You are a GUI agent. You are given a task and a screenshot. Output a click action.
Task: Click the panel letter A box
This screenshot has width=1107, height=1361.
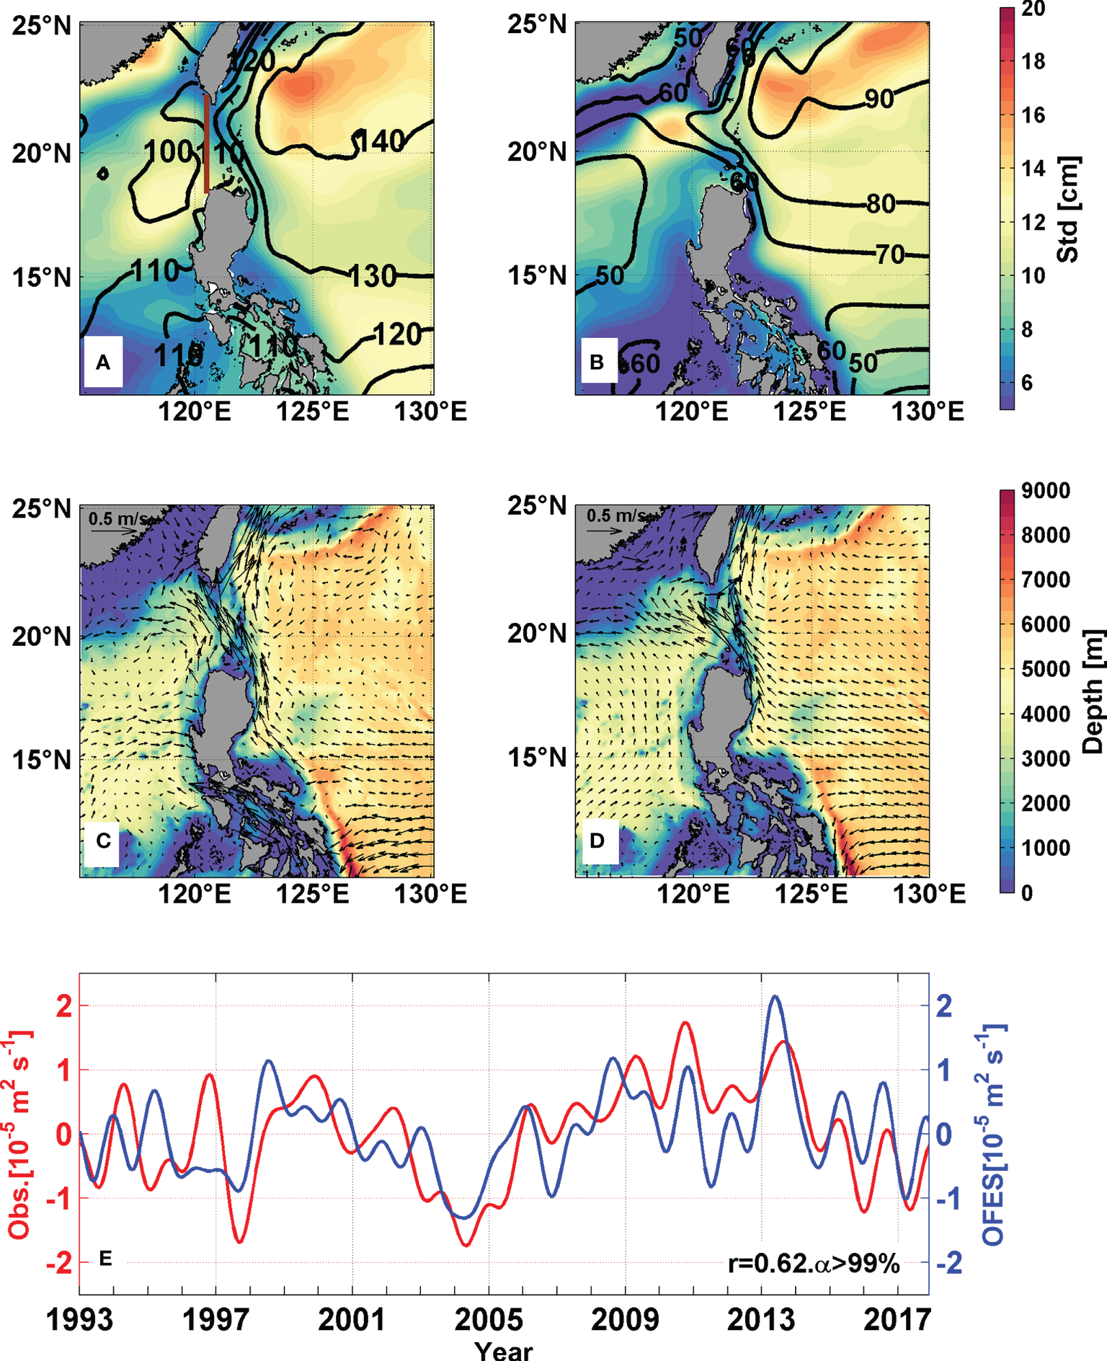[102, 362]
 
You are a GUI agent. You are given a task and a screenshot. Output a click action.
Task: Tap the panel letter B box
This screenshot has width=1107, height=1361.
[597, 361]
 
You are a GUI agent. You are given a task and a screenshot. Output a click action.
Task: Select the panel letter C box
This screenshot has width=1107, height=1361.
[102, 841]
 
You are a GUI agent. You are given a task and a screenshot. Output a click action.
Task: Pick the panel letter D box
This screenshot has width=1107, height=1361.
[597, 841]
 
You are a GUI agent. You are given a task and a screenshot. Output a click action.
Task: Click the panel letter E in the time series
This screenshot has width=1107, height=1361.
[105, 1259]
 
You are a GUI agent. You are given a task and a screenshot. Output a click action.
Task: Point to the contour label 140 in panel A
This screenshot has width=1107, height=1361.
[380, 141]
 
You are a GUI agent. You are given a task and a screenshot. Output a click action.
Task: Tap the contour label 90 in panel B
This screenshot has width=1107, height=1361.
[879, 99]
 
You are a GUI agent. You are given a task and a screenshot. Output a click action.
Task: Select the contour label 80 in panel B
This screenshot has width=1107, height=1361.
[880, 204]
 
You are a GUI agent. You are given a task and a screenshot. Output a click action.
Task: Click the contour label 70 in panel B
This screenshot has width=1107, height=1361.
[890, 254]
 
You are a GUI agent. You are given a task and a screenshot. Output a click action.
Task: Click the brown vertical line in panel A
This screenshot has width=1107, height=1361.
[207, 143]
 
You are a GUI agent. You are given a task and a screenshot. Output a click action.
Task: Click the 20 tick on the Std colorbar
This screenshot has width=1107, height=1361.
[1033, 9]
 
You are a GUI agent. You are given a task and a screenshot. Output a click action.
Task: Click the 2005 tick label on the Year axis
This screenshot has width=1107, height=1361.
[489, 1320]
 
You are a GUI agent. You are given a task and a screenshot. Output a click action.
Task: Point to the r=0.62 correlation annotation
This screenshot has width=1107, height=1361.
[813, 1263]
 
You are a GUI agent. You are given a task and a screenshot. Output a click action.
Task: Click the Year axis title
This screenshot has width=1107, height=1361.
[504, 1349]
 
